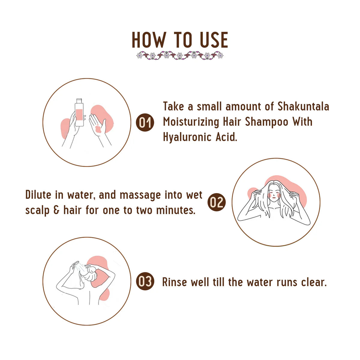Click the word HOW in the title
point(149,40)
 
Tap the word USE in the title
point(214,40)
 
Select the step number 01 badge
point(145,122)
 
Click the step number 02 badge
point(217,202)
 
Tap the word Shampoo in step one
point(267,122)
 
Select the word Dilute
point(38,195)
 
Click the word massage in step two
point(140,196)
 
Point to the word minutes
point(175,210)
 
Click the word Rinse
point(175,282)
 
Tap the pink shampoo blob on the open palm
point(98,129)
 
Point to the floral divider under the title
point(180,55)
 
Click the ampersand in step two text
point(56,210)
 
